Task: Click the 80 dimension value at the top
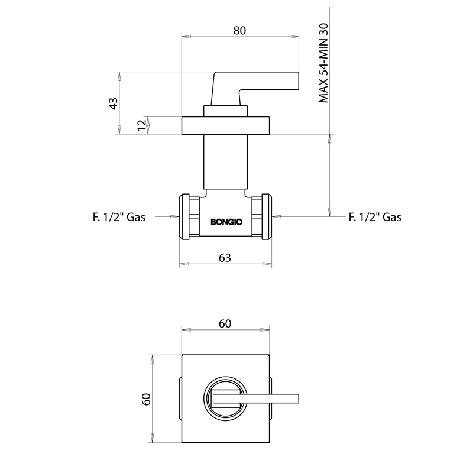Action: coord(239,31)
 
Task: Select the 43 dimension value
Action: coord(113,103)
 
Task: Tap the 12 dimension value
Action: coord(141,125)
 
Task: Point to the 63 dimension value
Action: coord(225,258)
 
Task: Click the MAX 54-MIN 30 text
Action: coord(323,63)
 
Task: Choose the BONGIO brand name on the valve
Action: coord(226,222)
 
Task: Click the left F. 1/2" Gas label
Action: coord(119,217)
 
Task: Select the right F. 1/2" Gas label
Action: coord(375,217)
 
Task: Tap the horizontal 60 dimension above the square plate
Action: coord(225,323)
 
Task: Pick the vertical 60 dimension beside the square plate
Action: coord(145,399)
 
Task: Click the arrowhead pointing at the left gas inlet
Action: coord(174,216)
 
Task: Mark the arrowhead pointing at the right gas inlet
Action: coord(276,216)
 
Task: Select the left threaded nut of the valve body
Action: coord(189,216)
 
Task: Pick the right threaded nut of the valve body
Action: coord(261,216)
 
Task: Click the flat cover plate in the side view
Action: coord(225,125)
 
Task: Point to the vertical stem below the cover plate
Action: coord(225,161)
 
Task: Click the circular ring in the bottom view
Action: coord(225,377)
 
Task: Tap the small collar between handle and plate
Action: coord(225,111)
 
